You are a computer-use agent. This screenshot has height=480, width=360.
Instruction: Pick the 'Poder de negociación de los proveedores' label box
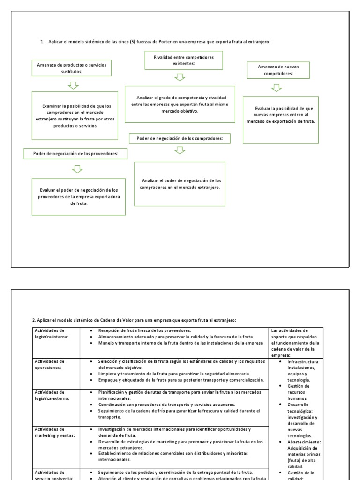click(75, 153)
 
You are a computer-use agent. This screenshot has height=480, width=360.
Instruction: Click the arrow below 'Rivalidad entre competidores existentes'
click(180, 77)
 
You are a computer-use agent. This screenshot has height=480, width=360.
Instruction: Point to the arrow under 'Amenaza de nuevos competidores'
click(277, 88)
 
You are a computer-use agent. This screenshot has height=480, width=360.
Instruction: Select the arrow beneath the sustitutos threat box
click(73, 84)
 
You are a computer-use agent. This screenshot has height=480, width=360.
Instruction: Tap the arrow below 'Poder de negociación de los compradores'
click(180, 150)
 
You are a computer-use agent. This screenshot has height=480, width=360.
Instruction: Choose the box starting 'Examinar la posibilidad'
click(75, 116)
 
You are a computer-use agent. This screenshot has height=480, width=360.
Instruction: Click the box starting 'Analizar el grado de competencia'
click(180, 105)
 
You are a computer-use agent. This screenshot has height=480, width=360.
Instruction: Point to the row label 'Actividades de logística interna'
click(52, 333)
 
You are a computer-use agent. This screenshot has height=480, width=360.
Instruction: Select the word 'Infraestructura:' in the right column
click(303, 362)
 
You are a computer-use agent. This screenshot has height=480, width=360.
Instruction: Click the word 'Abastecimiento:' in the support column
click(303, 441)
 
